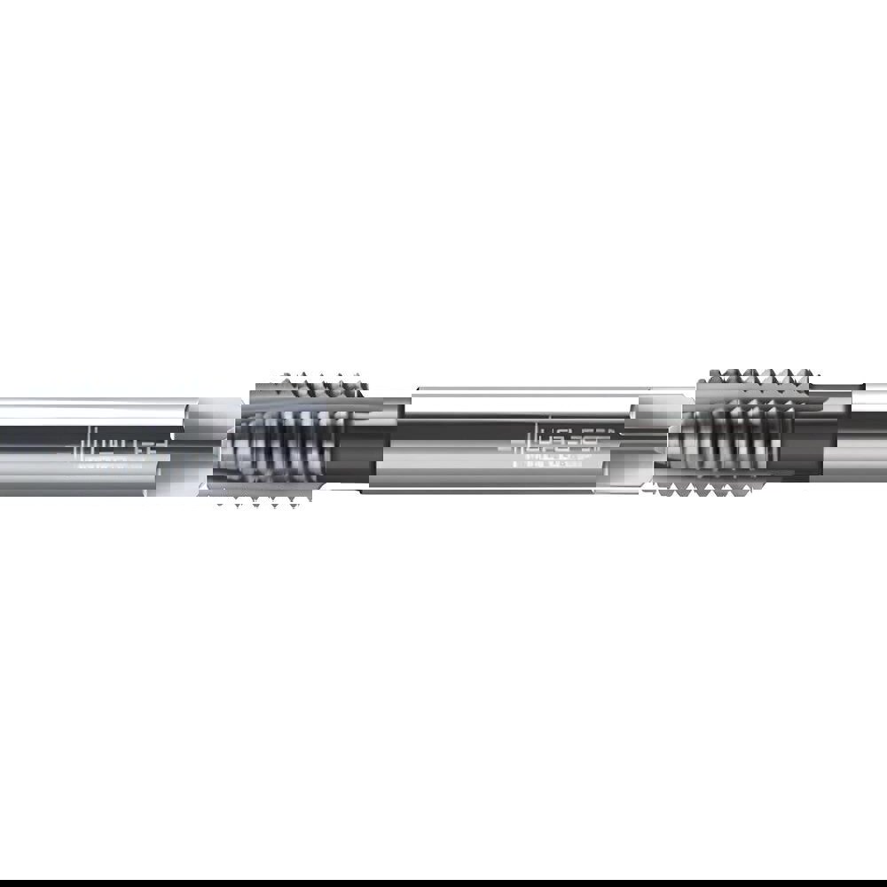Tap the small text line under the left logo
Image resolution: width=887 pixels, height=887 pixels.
[x=111, y=464]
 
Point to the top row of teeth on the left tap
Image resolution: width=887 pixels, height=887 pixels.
[x=319, y=383]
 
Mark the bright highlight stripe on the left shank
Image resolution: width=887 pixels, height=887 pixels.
[x=89, y=411]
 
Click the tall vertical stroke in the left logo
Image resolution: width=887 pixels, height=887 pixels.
[x=93, y=441]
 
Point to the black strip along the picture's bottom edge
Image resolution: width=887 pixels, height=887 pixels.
[x=443, y=883]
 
